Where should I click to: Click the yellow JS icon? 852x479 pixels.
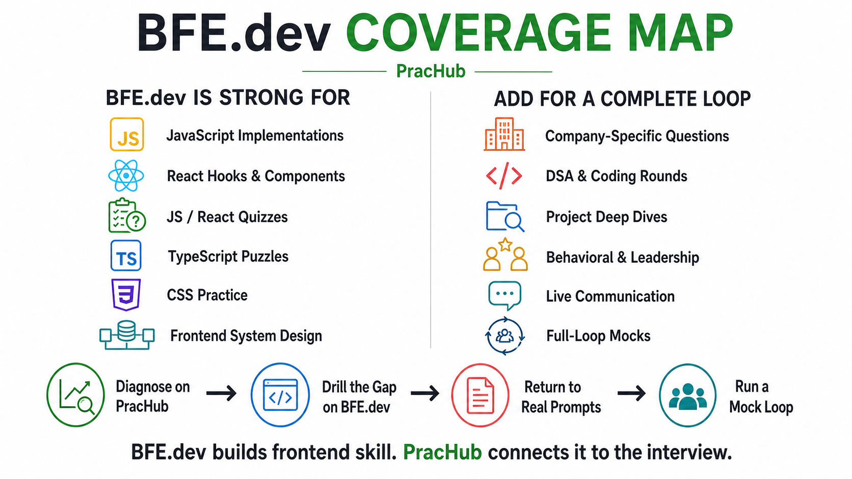(127, 134)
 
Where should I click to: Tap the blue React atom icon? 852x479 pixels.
(126, 176)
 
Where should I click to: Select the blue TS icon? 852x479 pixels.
(126, 255)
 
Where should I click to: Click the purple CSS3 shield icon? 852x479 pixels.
(126, 295)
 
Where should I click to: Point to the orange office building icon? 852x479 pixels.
(504, 134)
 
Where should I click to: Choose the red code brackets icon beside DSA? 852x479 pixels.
(504, 176)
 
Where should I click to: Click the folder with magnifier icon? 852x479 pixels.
(505, 216)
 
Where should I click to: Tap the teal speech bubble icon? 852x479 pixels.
(504, 296)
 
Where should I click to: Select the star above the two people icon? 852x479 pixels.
(505, 245)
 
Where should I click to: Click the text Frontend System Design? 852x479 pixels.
(246, 336)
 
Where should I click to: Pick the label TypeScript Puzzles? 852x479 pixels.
(228, 257)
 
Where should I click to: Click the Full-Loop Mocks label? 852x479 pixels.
(598, 336)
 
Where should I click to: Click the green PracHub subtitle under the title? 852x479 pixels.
(431, 71)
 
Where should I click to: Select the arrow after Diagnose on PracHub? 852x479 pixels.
(221, 393)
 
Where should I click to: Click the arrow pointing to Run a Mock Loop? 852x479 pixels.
(631, 393)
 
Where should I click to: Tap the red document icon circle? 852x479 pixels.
(480, 395)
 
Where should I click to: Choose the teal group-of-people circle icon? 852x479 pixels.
(687, 396)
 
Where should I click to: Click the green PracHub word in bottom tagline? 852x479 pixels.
(442, 453)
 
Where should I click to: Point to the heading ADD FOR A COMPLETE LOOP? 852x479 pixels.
(622, 99)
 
